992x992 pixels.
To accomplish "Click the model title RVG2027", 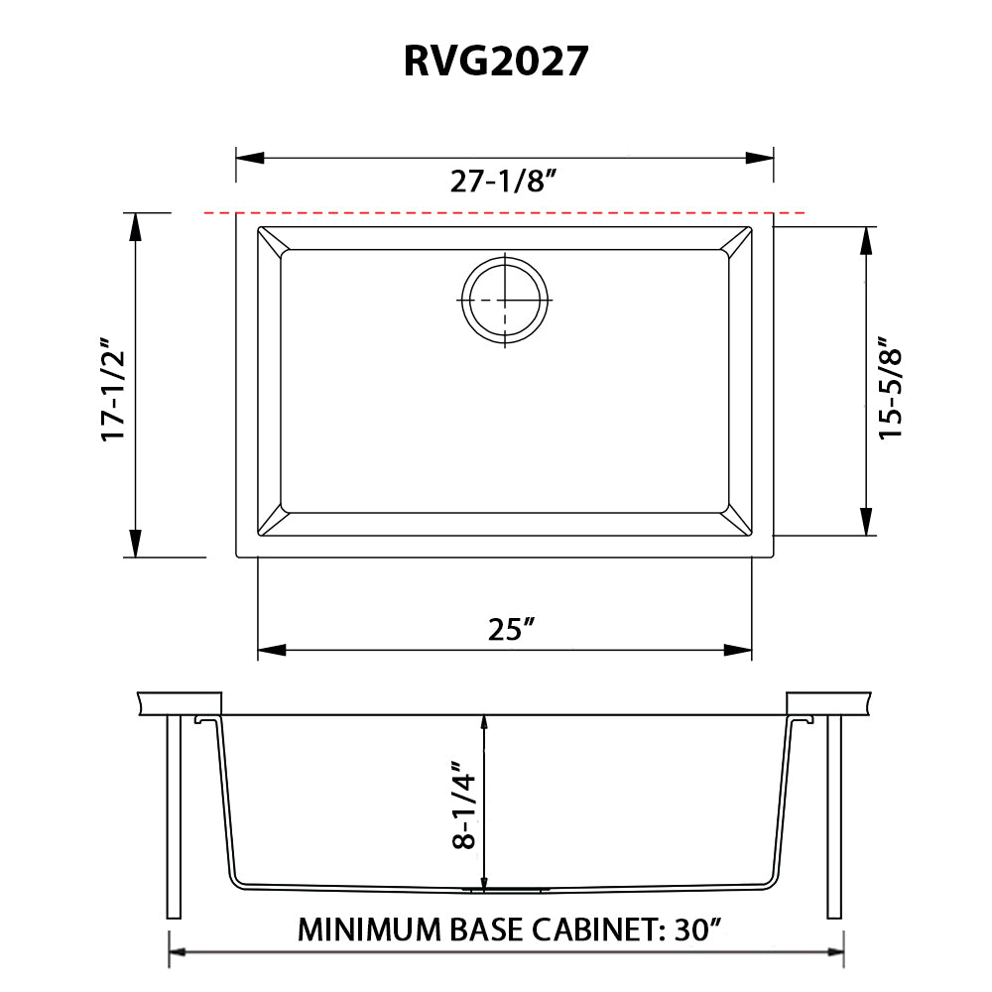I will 496,62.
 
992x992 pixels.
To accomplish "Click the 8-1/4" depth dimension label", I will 463,804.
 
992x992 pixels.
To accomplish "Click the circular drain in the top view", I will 505,300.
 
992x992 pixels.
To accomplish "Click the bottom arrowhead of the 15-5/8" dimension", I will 867,522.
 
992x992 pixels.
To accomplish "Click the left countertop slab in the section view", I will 179,702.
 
